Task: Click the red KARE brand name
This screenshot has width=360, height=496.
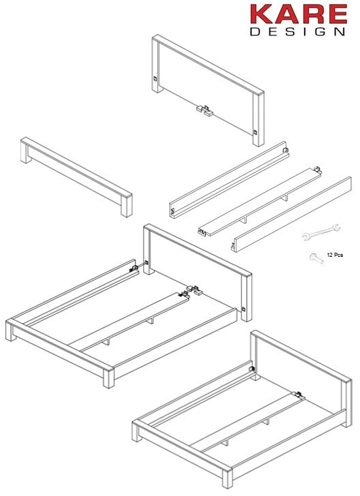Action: [297, 14]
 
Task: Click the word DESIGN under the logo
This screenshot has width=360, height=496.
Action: [297, 31]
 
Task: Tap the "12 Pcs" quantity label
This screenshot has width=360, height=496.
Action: [334, 254]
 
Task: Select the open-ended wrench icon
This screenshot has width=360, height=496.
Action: [316, 234]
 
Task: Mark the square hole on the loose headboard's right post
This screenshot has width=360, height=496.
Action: [256, 131]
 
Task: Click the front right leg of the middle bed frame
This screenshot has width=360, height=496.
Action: [108, 378]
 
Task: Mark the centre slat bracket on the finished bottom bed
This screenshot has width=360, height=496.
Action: [298, 394]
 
